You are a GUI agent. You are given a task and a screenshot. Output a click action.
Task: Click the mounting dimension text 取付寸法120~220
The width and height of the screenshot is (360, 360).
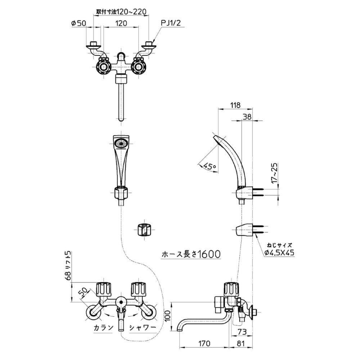121,11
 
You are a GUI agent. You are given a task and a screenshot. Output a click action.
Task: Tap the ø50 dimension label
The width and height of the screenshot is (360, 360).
78,23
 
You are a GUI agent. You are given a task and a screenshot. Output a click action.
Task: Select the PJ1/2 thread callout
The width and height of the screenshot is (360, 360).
171,23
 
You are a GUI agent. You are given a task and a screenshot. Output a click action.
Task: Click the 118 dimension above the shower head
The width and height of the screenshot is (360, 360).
235,105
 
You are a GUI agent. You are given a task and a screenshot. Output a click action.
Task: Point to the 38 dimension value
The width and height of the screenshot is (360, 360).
247,117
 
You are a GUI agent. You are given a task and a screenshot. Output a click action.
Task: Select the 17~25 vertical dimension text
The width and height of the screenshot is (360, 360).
274,174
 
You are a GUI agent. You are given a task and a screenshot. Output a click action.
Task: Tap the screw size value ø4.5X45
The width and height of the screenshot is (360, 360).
279,253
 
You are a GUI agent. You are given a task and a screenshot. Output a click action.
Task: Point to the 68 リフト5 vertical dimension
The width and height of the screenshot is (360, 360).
68,266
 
